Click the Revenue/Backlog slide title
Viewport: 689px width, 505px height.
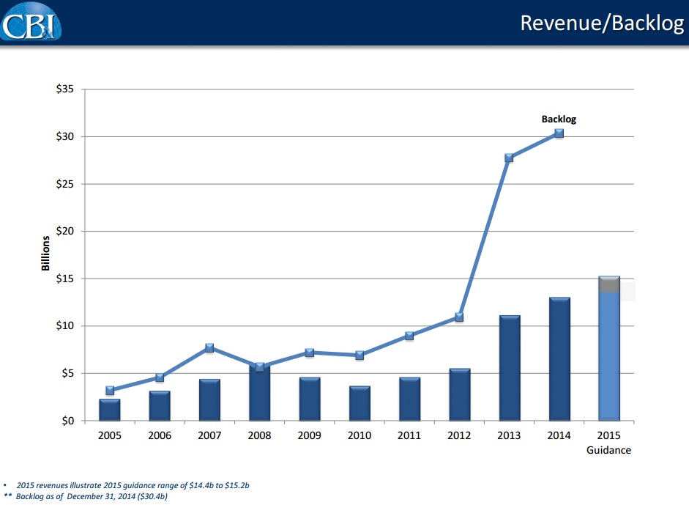601,23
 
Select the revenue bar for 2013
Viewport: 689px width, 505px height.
509,368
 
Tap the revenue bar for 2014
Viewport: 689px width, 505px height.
559,359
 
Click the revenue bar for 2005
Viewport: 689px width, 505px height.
110,410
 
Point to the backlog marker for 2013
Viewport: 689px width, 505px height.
509,158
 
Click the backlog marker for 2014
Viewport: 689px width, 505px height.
559,133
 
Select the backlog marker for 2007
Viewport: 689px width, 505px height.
209,348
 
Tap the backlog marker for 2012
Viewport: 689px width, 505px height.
459,317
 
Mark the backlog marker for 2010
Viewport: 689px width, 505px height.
360,355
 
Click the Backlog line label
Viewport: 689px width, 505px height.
559,119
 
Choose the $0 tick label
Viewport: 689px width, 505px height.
70,421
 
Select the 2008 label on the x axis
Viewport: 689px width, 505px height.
259,435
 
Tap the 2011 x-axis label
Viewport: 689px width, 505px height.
409,435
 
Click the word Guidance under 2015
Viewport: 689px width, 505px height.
608,450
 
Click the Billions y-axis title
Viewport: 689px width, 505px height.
45,254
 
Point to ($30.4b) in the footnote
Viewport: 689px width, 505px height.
153,497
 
